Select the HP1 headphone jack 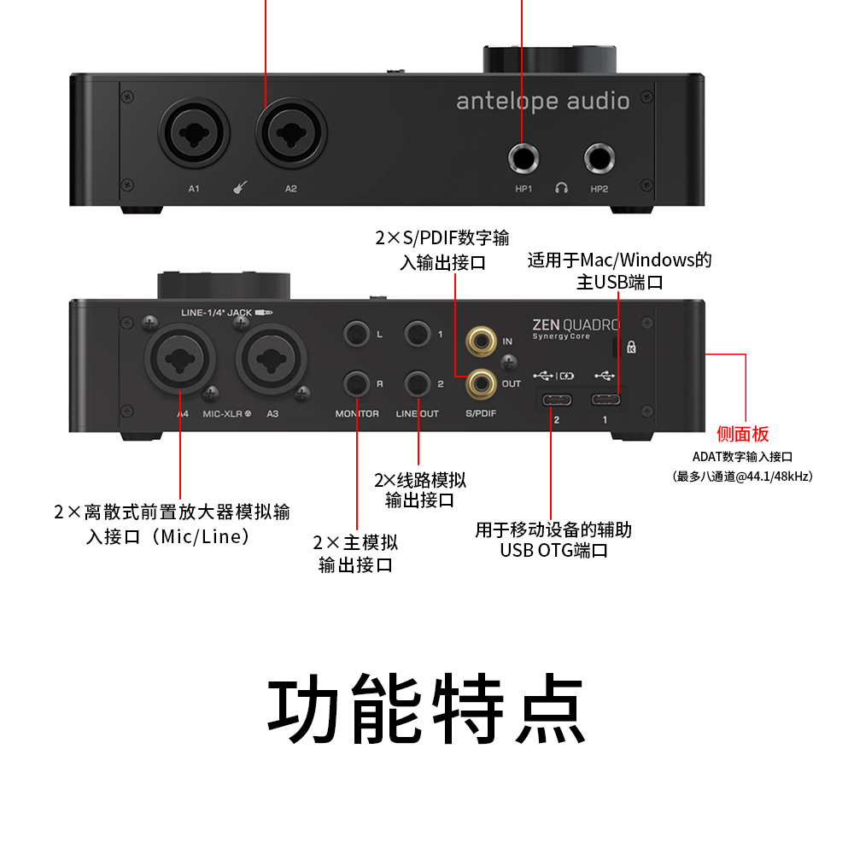click(524, 159)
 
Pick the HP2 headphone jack click(600, 159)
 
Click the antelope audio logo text click(542, 102)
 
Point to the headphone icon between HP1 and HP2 click(561, 188)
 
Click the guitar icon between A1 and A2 click(238, 188)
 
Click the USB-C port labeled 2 click(557, 400)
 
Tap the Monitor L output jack click(356, 333)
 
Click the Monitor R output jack click(356, 383)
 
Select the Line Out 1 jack click(418, 333)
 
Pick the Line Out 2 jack click(418, 383)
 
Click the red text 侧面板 click(742, 434)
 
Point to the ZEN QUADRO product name click(576, 325)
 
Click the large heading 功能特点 click(427, 711)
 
